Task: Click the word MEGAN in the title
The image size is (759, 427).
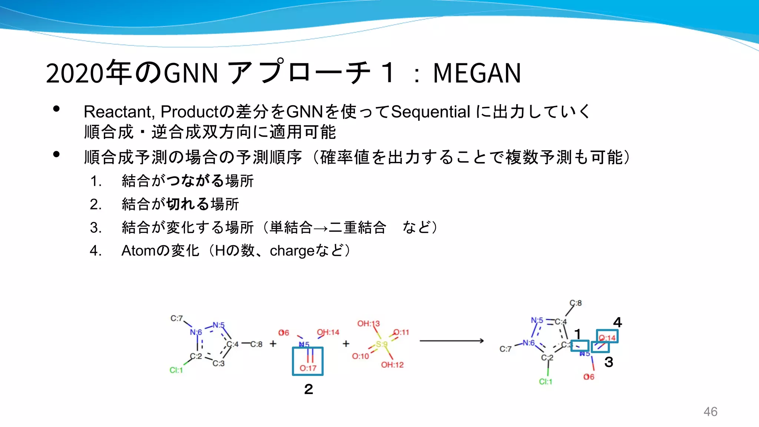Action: point(477,73)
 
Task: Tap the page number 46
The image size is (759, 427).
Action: point(710,411)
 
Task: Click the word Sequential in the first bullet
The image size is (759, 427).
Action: point(431,112)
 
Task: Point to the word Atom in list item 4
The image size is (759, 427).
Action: point(138,251)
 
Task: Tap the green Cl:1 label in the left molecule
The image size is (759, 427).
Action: point(176,370)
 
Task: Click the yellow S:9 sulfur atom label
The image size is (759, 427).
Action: point(381,344)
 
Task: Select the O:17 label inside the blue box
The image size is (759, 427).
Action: point(308,368)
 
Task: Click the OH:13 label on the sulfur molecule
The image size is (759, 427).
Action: point(368,324)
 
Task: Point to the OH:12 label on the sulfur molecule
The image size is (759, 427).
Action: point(392,365)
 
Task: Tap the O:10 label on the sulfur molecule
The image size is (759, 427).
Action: point(360,356)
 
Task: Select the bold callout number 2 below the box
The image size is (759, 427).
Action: point(308,389)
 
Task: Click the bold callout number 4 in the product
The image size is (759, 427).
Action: point(617,322)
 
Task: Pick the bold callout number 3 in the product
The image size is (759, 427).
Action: point(609,362)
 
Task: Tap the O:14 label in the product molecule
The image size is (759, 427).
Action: point(607,338)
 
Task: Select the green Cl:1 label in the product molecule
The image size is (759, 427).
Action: point(546,381)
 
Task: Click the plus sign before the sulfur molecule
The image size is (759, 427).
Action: point(346,344)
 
